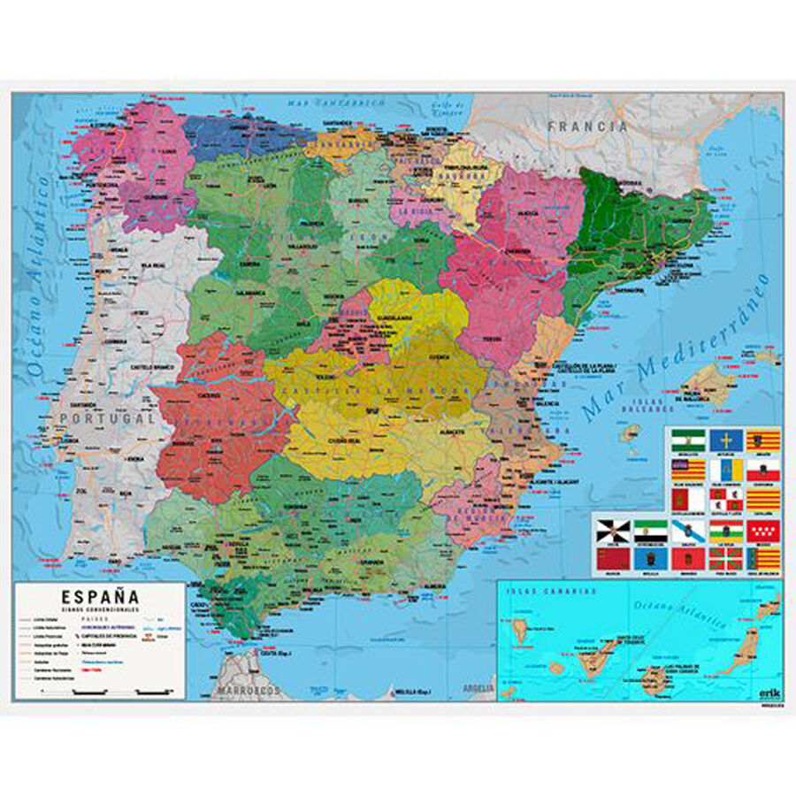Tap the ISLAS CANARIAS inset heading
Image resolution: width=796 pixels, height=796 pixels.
pos(528,592)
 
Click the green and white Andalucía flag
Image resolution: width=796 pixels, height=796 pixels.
pos(686,440)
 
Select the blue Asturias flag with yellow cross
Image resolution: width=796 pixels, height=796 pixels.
pos(724,440)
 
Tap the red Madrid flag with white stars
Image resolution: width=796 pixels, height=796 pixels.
pos(762,531)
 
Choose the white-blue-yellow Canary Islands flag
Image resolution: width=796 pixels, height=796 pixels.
pos(724,470)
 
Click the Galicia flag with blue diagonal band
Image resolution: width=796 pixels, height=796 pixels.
pos(686,531)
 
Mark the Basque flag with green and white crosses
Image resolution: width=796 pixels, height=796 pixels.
pos(724,559)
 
